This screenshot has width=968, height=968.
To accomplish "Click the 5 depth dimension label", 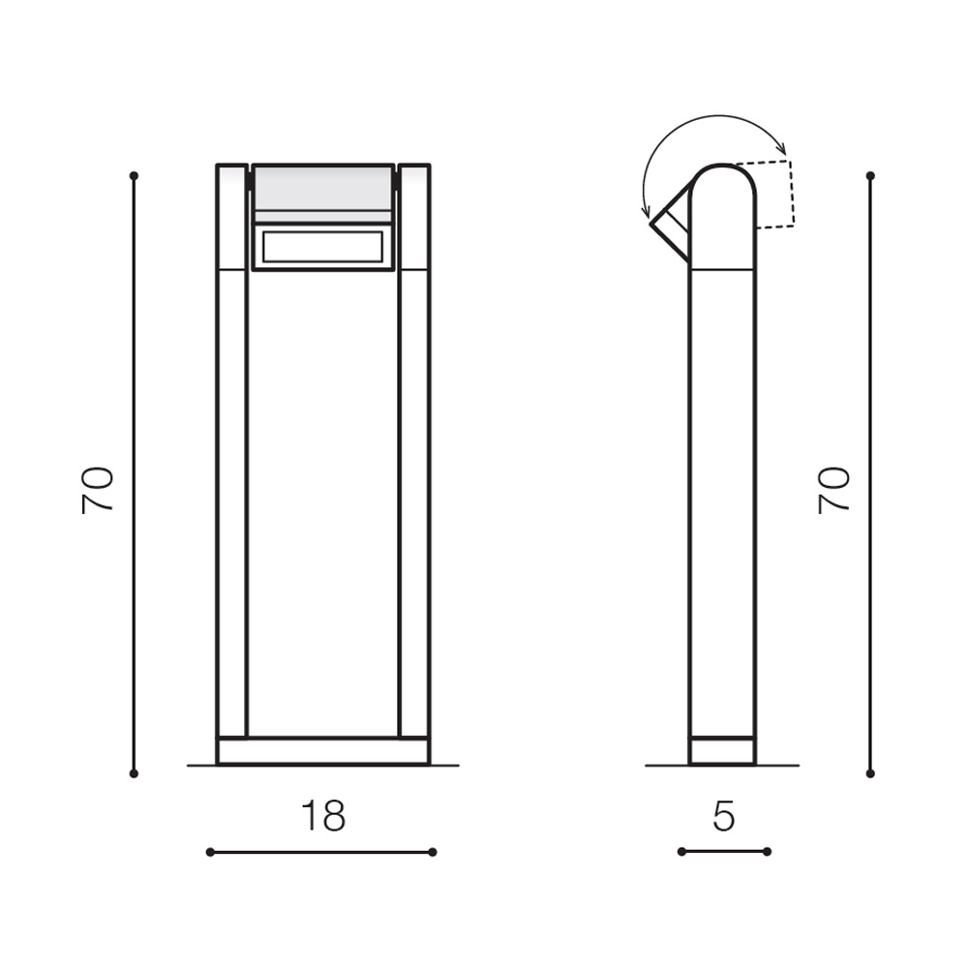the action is click(723, 816).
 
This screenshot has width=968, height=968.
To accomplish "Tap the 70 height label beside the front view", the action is click(98, 490).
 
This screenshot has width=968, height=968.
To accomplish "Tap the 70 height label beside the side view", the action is click(834, 490).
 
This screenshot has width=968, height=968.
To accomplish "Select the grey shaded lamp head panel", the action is click(323, 188).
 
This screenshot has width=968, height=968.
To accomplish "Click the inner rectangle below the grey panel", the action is click(323, 247).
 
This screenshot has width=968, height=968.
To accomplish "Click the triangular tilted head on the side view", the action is click(670, 224).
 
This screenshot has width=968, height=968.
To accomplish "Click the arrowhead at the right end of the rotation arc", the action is click(782, 149).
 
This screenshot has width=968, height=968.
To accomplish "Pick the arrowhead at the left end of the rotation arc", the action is click(646, 214).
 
